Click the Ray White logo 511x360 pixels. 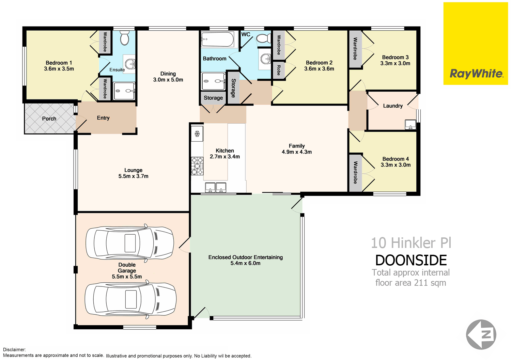(x=476, y=43)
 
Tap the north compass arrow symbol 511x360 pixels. (x=481, y=334)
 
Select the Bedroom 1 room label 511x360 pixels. (x=59, y=63)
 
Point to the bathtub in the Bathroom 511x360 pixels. (x=217, y=39)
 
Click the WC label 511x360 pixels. (x=246, y=34)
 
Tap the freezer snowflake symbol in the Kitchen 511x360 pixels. (x=197, y=134)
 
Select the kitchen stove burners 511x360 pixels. (x=197, y=166)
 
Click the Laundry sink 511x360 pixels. (x=411, y=125)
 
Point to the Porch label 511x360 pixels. (x=49, y=119)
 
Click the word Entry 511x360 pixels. (x=103, y=118)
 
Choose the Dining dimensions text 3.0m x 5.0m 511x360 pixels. (x=168, y=80)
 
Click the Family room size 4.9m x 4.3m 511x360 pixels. (x=297, y=152)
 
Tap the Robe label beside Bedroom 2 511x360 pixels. (x=279, y=70)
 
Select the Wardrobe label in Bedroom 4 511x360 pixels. (x=355, y=172)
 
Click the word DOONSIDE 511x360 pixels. (x=411, y=260)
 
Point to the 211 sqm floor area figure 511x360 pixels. (x=430, y=283)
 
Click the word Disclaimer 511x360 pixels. (x=14, y=349)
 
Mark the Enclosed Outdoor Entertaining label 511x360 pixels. (x=246, y=257)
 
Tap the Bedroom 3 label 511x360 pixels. (x=395, y=58)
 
